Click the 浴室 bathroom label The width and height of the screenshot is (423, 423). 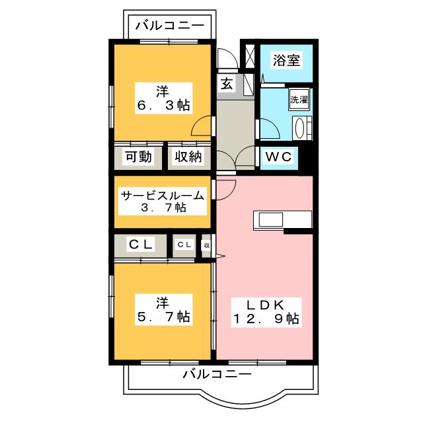286,60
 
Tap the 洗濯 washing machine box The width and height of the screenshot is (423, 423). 299,99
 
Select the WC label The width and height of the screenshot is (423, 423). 279,157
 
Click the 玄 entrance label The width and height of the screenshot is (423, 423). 227,85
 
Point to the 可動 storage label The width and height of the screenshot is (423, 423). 139,157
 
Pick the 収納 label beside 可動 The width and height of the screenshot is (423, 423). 188,157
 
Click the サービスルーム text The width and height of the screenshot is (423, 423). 163,196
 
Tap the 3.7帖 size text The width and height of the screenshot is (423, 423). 164,208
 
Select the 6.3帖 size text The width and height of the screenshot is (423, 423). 164,105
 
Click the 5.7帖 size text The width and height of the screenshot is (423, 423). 164,317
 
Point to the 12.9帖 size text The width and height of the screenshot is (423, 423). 266,319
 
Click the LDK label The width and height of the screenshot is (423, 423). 265,305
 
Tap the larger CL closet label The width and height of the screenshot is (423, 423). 141,245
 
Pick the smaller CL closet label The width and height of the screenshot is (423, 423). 184,245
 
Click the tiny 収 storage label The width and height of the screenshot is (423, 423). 207,246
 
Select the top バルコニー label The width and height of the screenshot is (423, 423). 170,26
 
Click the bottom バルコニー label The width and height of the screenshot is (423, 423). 217,374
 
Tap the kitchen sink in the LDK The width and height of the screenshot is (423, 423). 271,220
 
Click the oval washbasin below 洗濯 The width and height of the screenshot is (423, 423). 299,128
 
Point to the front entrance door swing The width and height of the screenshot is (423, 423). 228,58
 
